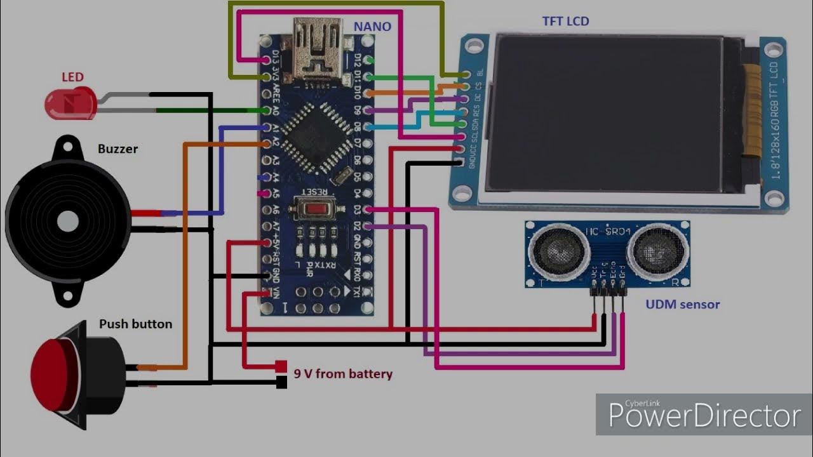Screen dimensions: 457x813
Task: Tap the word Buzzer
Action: (118, 149)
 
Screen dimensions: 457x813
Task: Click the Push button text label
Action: (135, 324)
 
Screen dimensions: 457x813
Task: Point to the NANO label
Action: (372, 26)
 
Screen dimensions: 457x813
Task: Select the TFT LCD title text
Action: (565, 21)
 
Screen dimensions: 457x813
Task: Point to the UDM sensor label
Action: (683, 305)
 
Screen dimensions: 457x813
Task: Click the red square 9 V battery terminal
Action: (281, 366)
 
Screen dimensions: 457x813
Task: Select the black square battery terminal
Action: (281, 382)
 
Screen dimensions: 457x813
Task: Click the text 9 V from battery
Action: (343, 374)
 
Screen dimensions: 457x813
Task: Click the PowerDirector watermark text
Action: (704, 416)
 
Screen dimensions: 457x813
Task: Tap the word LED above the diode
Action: (72, 77)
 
